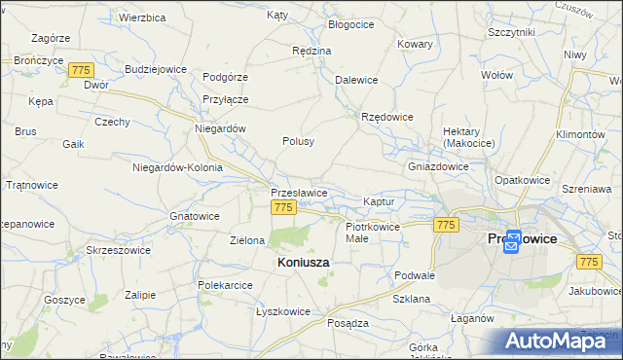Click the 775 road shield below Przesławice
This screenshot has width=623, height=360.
coord(284,208)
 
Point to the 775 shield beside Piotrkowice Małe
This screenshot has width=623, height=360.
coord(446,225)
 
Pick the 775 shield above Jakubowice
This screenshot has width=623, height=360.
coord(588,262)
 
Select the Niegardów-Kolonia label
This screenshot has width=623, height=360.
coord(177,167)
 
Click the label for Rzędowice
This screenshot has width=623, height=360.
coord(387,117)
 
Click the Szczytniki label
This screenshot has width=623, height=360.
coord(512,32)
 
